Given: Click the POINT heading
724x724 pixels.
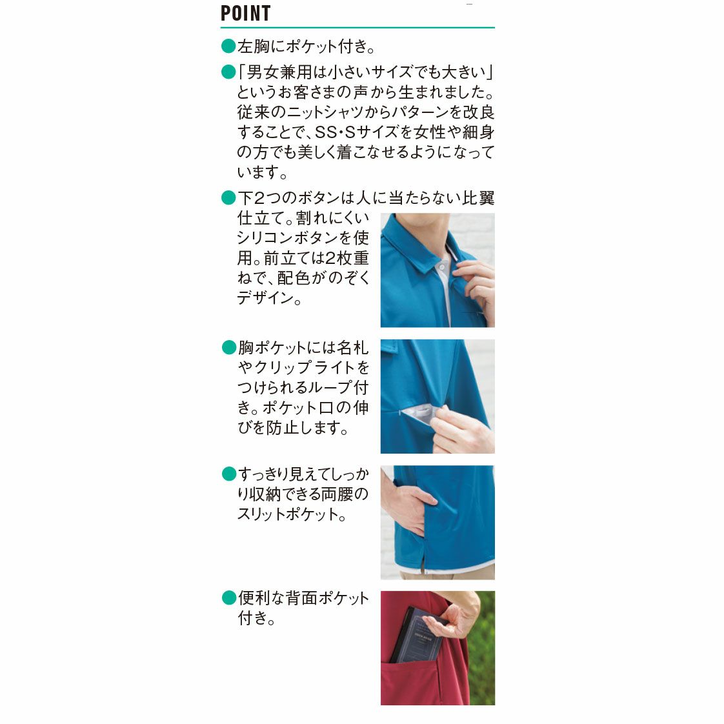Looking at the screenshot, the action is (246, 13).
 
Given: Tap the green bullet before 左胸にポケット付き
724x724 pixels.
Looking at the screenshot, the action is (228, 46).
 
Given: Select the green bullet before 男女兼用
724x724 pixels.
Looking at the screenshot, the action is (228, 72).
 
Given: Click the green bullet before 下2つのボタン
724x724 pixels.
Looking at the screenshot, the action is (228, 197).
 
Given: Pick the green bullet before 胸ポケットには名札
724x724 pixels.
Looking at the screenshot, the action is (229, 347).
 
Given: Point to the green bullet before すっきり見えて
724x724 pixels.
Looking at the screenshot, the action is (229, 474).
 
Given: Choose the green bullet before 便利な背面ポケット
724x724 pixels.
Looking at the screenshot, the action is (229, 598).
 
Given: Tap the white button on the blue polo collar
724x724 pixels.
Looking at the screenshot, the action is (443, 267).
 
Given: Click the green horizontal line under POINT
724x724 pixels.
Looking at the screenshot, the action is (357, 28).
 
